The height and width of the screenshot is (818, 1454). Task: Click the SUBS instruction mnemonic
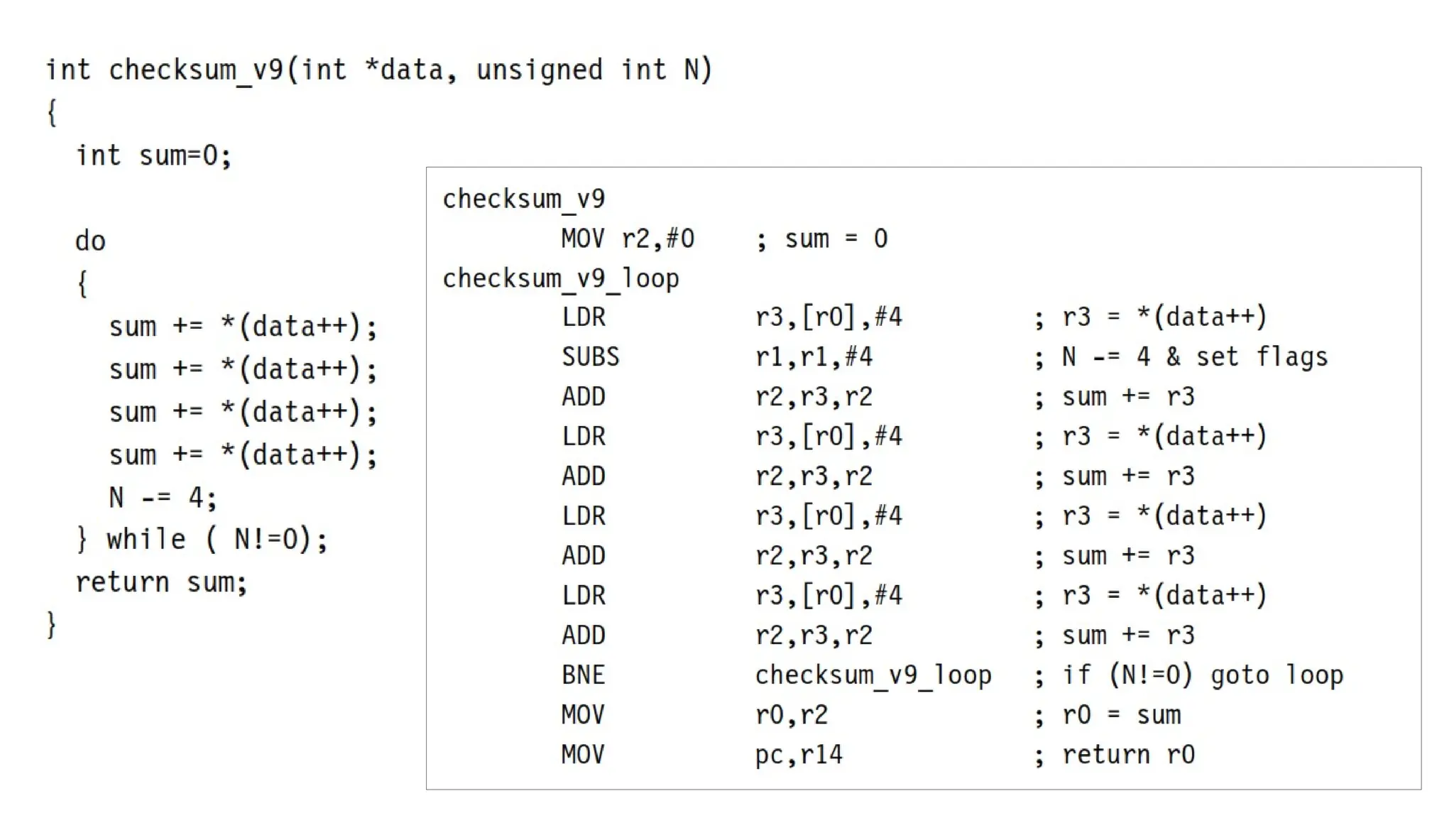[x=590, y=356]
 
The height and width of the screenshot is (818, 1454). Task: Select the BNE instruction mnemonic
[x=583, y=675]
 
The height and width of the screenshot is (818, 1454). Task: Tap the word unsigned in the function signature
[x=539, y=70]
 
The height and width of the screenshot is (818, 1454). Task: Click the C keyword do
[x=90, y=241]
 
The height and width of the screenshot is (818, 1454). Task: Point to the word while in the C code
[x=146, y=539]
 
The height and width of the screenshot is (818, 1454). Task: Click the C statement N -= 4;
[x=163, y=497]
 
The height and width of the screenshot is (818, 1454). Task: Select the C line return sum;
[x=161, y=582]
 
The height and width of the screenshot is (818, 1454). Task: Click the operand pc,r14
[x=799, y=754]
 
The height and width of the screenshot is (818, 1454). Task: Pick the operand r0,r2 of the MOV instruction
[x=792, y=714]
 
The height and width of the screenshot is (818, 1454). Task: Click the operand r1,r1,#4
[x=814, y=356]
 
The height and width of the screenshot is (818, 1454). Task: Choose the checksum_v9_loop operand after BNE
[x=873, y=675]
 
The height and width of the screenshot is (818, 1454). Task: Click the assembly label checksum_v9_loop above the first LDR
[x=561, y=278]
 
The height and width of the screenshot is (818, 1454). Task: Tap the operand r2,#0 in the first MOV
[x=658, y=239]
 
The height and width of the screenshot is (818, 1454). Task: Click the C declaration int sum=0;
[x=154, y=155]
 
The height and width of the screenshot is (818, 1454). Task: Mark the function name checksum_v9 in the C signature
[x=196, y=70]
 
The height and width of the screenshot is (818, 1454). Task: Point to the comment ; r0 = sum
[x=1108, y=714]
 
